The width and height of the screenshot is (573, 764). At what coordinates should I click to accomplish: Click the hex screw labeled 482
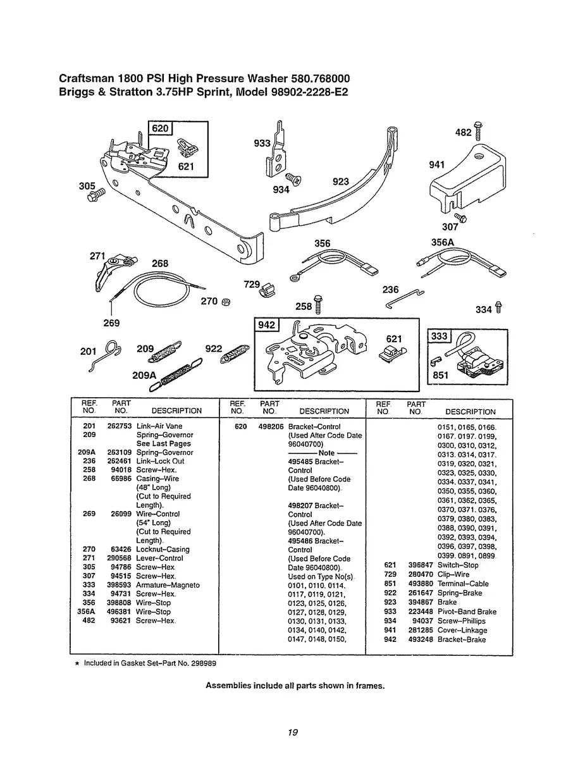(x=478, y=130)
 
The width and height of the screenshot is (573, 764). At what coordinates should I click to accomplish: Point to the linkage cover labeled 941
(x=468, y=177)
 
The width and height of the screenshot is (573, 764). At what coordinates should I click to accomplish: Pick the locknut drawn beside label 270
(x=226, y=301)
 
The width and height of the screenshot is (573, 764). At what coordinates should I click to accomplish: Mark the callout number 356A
(x=443, y=243)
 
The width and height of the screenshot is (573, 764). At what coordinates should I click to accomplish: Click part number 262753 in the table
(x=118, y=426)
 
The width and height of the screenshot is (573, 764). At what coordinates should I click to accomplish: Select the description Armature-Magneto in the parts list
(x=168, y=585)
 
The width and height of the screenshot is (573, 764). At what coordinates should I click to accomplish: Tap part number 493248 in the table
(x=420, y=639)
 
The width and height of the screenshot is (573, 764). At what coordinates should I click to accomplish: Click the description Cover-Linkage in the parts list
(x=462, y=631)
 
